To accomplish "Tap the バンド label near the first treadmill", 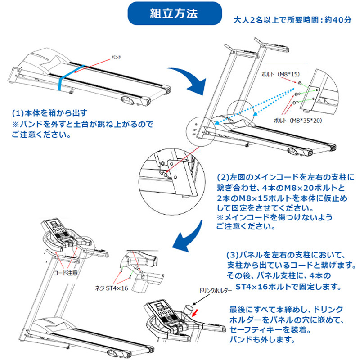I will click(117, 58).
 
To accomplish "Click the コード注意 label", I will click(66, 273).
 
